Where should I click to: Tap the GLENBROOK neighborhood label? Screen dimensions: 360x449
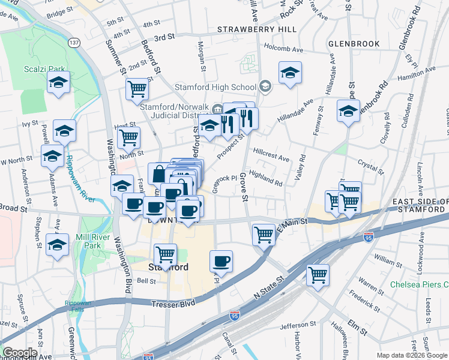pyautogui.click(x=354, y=44)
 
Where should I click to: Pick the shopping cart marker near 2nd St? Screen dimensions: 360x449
pyautogui.click(x=137, y=89)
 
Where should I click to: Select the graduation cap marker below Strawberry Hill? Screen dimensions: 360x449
pyautogui.click(x=290, y=73)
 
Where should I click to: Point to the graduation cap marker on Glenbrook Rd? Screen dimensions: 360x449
pyautogui.click(x=348, y=111)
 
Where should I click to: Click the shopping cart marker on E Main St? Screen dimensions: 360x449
pyautogui.click(x=264, y=234)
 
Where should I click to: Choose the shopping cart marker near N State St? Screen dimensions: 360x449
pyautogui.click(x=318, y=275)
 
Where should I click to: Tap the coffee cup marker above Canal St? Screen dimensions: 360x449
pyautogui.click(x=221, y=260)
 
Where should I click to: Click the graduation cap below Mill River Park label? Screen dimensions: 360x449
pyautogui.click(x=58, y=245)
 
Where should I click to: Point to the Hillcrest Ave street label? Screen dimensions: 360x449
pyautogui.click(x=271, y=154)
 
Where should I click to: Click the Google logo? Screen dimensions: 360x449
pyautogui.click(x=20, y=353)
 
